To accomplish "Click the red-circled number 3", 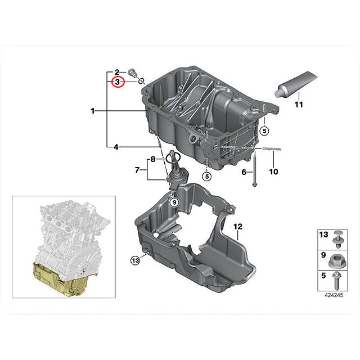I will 118,83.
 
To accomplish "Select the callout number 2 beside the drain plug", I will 117,72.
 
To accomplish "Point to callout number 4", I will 115,147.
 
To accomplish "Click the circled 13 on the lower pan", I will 135,259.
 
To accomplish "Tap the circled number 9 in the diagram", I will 174,202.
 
